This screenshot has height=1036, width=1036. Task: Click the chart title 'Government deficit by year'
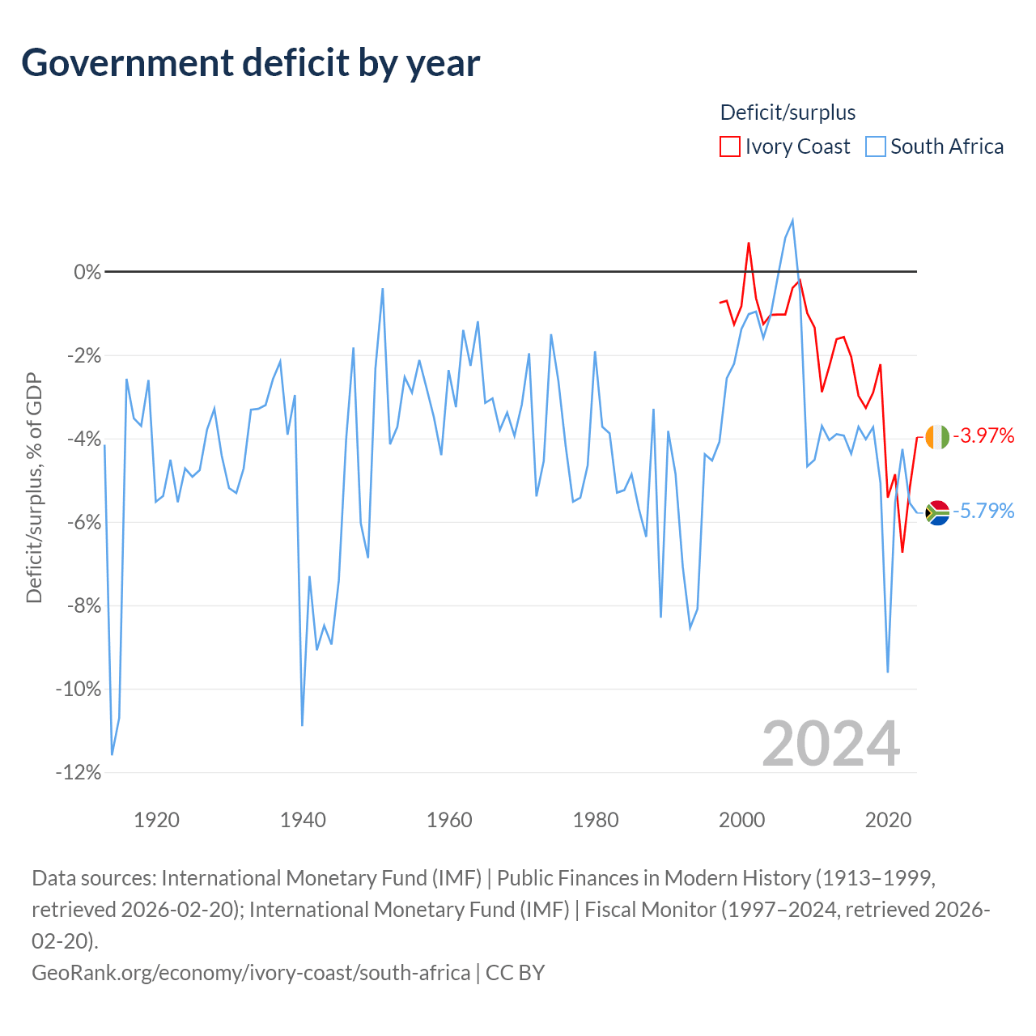click(250, 63)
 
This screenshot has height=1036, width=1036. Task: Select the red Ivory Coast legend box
click(729, 146)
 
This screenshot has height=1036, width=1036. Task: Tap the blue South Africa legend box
click(875, 146)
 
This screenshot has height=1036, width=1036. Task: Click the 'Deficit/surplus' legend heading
click(787, 113)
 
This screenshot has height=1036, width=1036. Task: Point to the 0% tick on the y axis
click(87, 272)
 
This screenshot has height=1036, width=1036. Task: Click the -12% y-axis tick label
click(79, 773)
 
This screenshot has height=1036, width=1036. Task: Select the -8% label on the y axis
click(83, 606)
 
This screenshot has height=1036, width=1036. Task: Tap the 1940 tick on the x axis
click(303, 820)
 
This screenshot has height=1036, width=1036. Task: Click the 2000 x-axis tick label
click(741, 820)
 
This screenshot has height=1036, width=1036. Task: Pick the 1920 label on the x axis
click(156, 820)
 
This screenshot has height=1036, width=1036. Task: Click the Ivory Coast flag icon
click(937, 436)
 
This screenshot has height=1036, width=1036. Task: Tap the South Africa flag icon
click(937, 512)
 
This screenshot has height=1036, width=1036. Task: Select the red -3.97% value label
click(983, 435)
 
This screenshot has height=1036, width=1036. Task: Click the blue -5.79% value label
click(983, 511)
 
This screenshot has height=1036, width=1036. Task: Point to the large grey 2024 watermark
click(830, 744)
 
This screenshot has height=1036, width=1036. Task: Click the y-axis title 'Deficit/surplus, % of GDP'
click(34, 487)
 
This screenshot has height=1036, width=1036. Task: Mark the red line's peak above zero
click(749, 244)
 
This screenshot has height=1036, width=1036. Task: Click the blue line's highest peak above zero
click(792, 220)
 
